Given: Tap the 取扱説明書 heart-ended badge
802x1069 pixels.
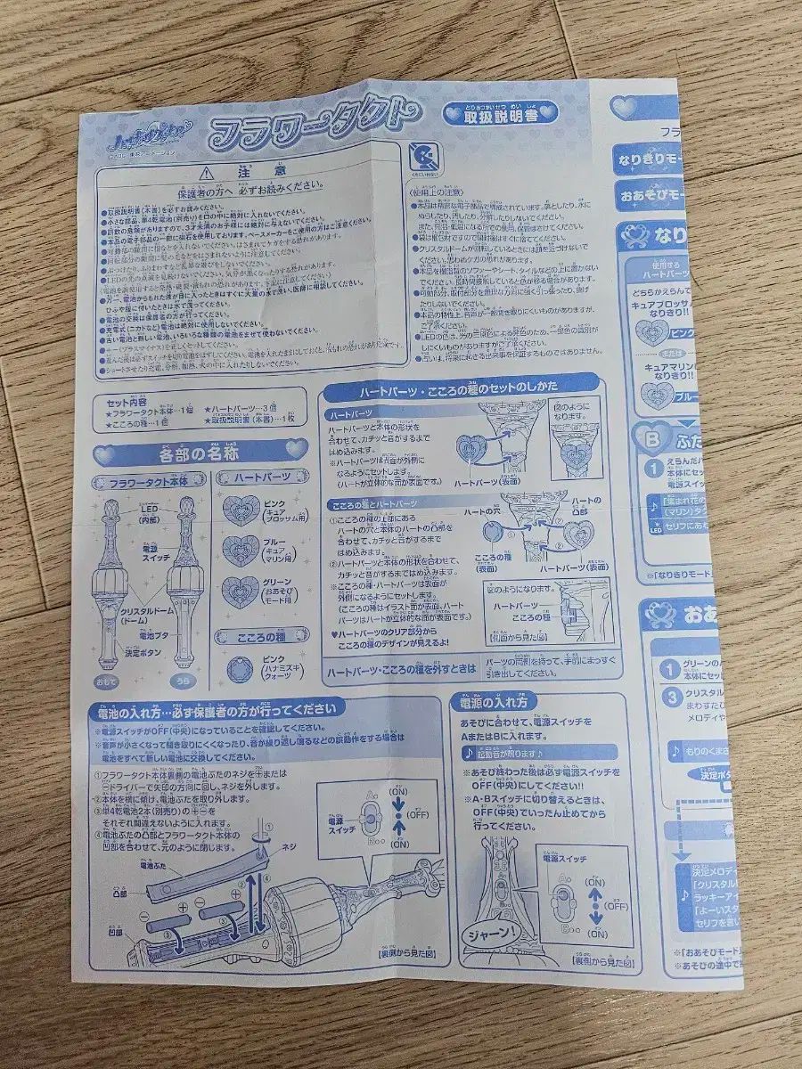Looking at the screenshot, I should coord(500,112).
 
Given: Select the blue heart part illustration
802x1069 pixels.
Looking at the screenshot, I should coord(241,551).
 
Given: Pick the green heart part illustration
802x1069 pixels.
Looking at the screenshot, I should coord(241,592).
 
